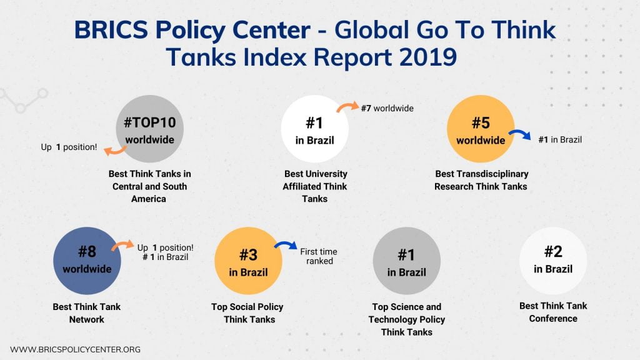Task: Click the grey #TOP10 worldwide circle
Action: [x=149, y=129]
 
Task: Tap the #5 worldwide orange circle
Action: [x=481, y=129]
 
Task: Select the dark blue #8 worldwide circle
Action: [x=87, y=260]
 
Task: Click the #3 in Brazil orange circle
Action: [x=248, y=261]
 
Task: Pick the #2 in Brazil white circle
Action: [x=553, y=260]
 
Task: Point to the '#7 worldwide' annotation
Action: [x=387, y=108]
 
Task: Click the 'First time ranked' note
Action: [x=319, y=256]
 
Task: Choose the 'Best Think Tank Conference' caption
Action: [x=553, y=312]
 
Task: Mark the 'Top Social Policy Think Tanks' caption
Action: [x=248, y=313]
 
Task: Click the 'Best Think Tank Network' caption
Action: [x=87, y=313]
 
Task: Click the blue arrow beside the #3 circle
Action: [x=286, y=248]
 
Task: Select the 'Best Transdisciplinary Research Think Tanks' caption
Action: [x=481, y=180]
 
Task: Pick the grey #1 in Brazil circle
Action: [x=407, y=261]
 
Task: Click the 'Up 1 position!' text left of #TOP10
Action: [x=69, y=147]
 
